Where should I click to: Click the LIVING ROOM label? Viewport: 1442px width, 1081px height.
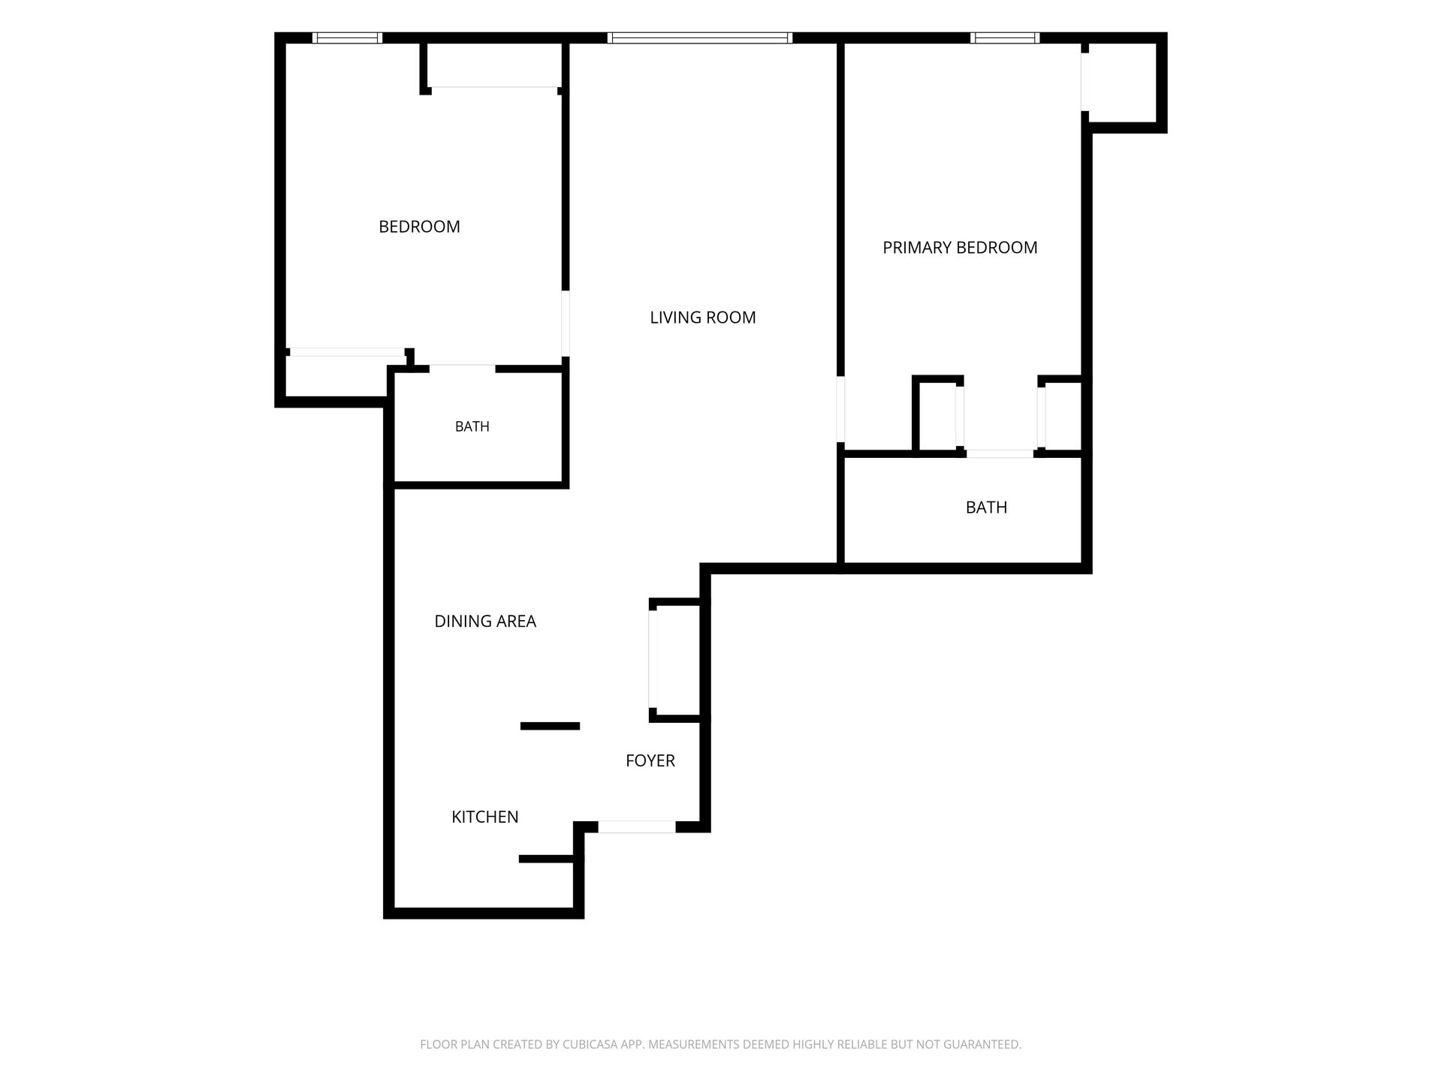coord(702,318)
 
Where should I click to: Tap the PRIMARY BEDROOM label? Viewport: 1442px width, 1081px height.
coord(960,248)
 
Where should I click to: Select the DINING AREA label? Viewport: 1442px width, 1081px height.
coord(485,621)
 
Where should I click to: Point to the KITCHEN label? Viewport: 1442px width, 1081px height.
coord(484,817)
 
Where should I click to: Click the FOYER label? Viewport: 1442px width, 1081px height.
coord(650,760)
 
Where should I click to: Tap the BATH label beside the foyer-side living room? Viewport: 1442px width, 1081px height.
coord(472,426)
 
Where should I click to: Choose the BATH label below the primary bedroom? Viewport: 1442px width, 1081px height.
coord(986,507)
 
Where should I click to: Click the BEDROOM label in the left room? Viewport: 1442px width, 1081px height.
coord(419,227)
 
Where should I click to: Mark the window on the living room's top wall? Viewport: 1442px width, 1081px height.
coord(700,38)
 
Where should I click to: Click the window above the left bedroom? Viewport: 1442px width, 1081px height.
coord(347,38)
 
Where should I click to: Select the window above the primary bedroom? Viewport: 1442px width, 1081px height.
coord(1005,38)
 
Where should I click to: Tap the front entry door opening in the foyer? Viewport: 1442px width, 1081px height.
coord(637,827)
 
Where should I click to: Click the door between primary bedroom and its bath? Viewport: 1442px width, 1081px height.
coord(1000,453)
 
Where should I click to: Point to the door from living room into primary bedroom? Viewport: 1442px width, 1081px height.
coord(840,409)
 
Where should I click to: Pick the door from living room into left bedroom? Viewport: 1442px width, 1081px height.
coord(566,324)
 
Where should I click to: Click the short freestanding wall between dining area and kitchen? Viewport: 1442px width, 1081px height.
coord(551,726)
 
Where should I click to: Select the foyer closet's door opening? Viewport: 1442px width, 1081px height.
coord(653,660)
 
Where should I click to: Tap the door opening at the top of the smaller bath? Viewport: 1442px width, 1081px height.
coord(462,369)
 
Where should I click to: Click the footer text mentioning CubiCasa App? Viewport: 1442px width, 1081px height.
coord(720,1044)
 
